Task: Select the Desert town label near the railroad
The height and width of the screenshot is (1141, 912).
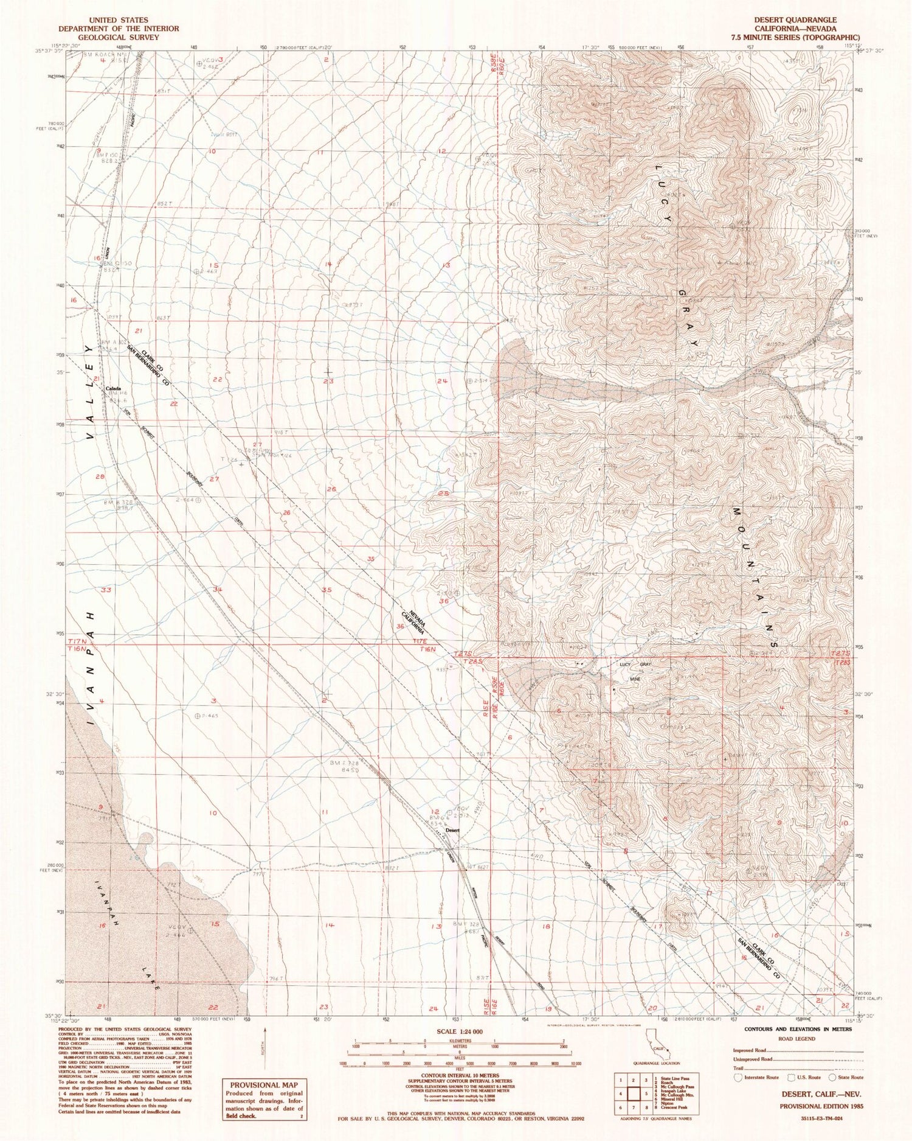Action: (452, 830)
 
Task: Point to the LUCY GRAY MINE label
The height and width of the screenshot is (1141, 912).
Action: (635, 671)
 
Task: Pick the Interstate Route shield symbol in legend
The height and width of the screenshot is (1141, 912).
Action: (738, 1077)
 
